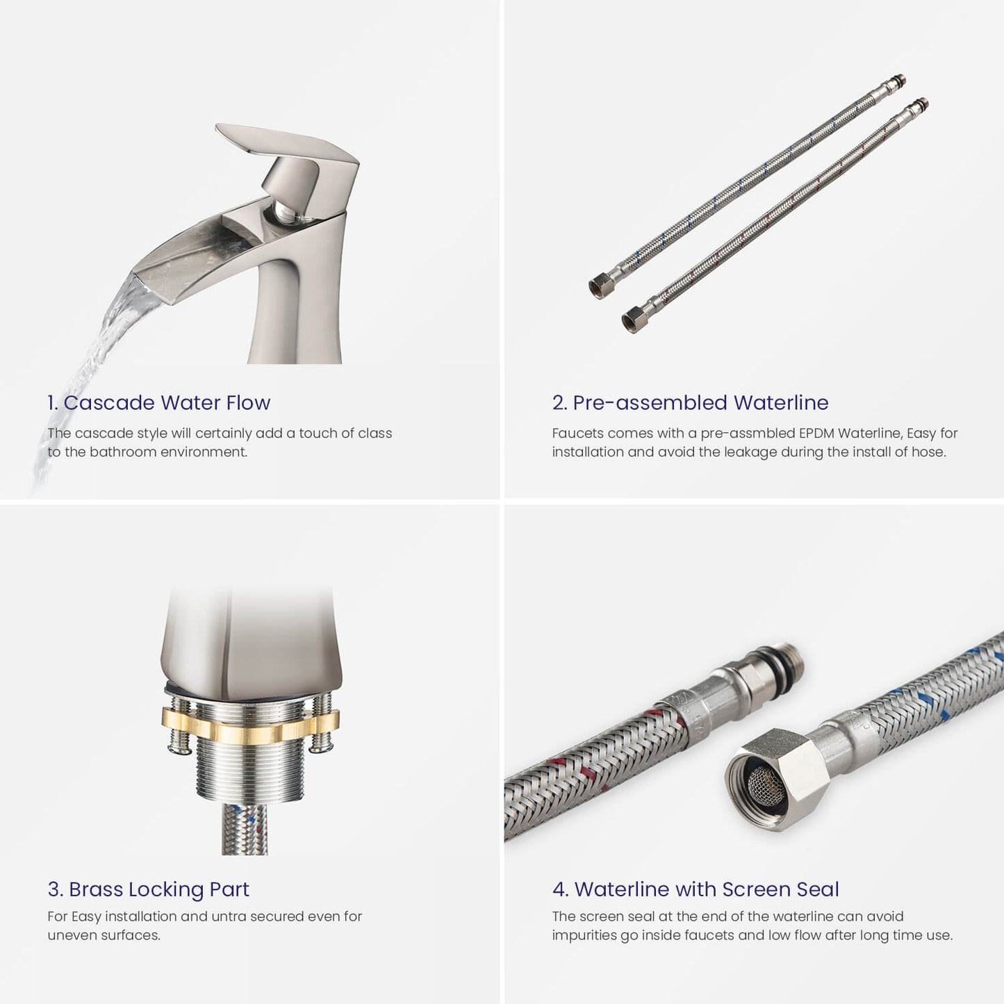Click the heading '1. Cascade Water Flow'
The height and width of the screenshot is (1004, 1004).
[x=159, y=403]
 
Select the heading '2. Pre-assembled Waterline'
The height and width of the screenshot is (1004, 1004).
[x=691, y=403]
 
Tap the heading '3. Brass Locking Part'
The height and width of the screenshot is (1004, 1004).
[x=149, y=889]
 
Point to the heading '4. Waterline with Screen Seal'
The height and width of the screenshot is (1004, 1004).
[x=696, y=889]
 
